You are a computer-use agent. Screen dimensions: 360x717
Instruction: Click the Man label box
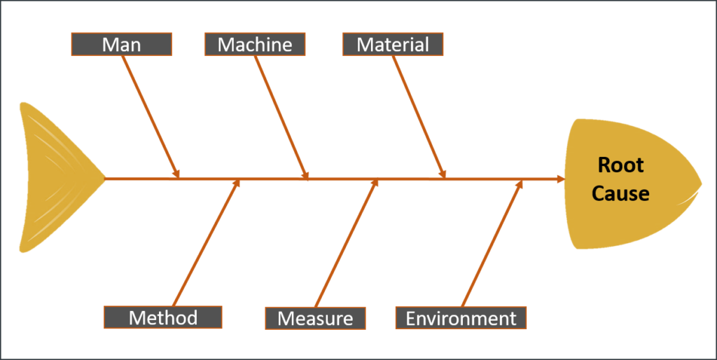point(121,45)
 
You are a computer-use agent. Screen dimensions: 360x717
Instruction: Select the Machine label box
point(255,45)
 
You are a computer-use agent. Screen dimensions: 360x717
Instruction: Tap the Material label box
point(393,45)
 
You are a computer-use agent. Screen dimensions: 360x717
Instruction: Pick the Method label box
point(163,317)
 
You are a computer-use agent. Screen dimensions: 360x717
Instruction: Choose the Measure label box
point(315,318)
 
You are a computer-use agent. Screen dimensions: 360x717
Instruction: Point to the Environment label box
point(461,318)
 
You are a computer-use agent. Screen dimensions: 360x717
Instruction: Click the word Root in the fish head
point(620,166)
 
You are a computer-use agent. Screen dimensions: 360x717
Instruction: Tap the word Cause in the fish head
point(620,193)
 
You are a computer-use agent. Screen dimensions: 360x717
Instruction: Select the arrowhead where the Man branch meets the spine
point(176,174)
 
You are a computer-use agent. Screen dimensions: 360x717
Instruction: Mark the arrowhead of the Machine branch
point(305,175)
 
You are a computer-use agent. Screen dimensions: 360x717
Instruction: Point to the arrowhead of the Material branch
point(443,174)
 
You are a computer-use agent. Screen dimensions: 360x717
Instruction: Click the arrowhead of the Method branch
point(237,184)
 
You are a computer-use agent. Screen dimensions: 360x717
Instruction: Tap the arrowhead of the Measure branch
point(375,184)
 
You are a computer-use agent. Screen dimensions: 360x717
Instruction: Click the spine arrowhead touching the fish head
point(560,179)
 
